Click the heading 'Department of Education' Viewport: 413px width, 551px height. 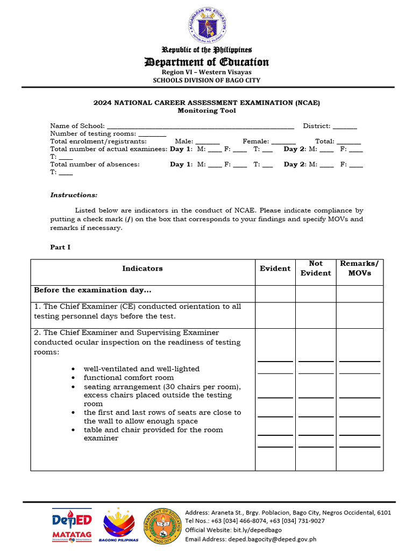[206, 62]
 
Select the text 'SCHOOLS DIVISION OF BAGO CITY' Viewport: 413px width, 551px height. [206, 80]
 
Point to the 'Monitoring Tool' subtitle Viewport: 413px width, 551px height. [206, 111]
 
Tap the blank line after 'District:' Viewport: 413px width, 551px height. [345, 126]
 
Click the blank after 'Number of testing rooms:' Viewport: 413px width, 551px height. [153, 134]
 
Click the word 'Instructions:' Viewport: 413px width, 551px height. [74, 195]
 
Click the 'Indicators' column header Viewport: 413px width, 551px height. [143, 269]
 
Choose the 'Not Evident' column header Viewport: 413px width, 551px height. [316, 268]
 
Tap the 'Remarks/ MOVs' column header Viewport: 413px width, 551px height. [359, 268]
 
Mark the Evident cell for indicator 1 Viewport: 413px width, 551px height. [275, 315]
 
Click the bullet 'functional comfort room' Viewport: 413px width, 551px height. [121, 378]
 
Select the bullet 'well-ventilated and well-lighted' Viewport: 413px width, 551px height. [141, 369]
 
